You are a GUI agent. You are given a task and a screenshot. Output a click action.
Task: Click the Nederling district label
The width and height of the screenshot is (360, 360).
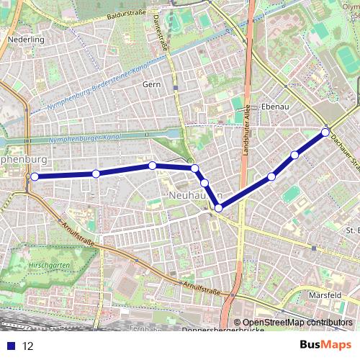pos(26,40)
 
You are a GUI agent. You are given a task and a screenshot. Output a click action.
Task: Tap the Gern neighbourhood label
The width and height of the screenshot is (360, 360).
pos(152,84)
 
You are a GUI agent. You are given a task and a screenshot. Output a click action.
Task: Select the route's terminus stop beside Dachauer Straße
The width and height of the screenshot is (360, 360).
pos(325,132)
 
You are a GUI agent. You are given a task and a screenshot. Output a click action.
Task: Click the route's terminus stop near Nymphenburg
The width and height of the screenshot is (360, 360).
pos(34,176)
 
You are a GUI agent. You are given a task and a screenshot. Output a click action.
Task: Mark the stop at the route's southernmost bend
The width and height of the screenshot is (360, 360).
pos(218,208)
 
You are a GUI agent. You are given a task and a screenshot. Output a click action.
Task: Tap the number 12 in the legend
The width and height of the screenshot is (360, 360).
pos(28,346)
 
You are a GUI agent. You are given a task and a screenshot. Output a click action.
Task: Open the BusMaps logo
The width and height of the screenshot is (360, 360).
pos(325,345)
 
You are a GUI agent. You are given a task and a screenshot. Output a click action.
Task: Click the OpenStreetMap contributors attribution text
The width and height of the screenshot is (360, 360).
pos(297,323)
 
